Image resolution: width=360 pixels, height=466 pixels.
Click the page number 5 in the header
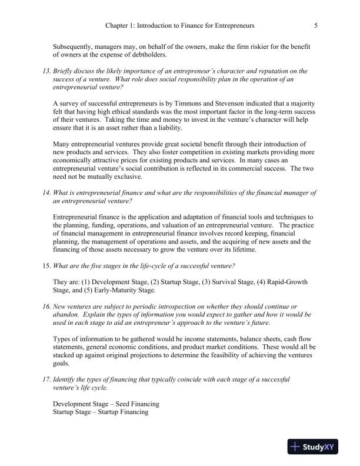[316, 26]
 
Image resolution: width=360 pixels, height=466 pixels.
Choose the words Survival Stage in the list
[217, 282]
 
